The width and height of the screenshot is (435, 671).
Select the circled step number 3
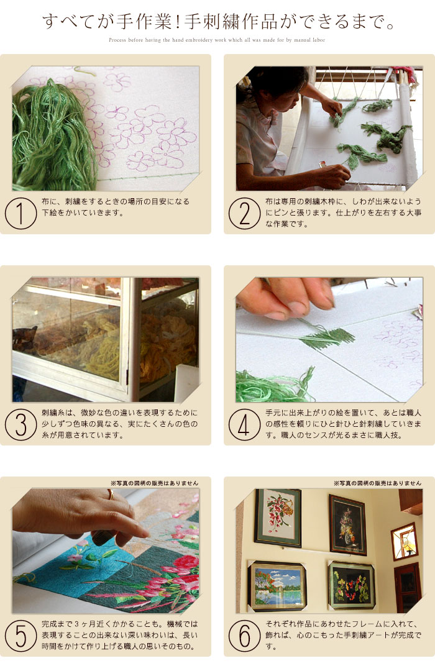pyautogui.click(x=21, y=426)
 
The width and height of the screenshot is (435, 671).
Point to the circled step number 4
pyautogui.click(x=244, y=426)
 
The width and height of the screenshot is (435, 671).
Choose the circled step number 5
pyautogui.click(x=21, y=637)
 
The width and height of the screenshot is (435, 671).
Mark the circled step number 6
pyautogui.click(x=244, y=637)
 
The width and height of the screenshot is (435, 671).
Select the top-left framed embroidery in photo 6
pyautogui.click(x=277, y=517)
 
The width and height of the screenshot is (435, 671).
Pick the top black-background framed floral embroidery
pyautogui.click(x=347, y=525)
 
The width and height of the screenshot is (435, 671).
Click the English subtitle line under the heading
pyautogui.click(x=217, y=40)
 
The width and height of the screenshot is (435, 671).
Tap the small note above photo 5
pyautogui.click(x=154, y=482)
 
